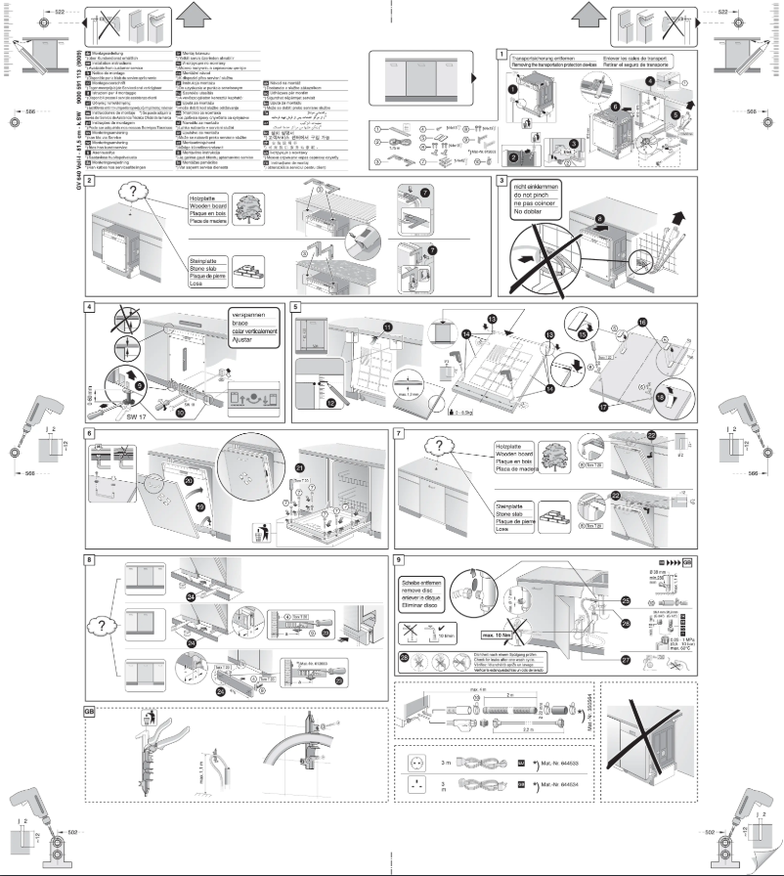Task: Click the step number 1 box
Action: coord(501,54)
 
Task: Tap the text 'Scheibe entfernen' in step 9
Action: coord(427,583)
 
